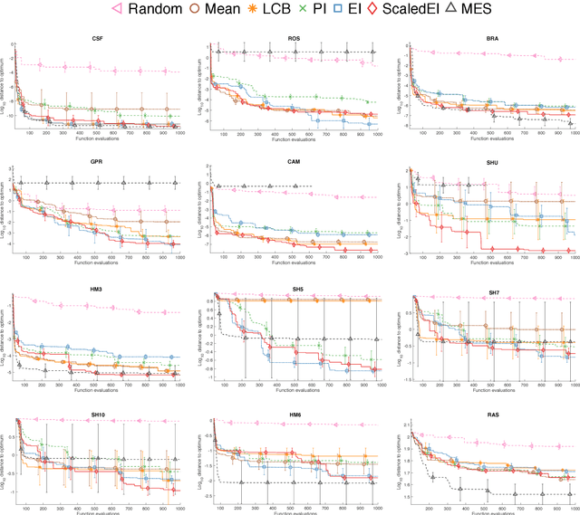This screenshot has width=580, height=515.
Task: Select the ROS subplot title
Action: [x=295, y=40]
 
